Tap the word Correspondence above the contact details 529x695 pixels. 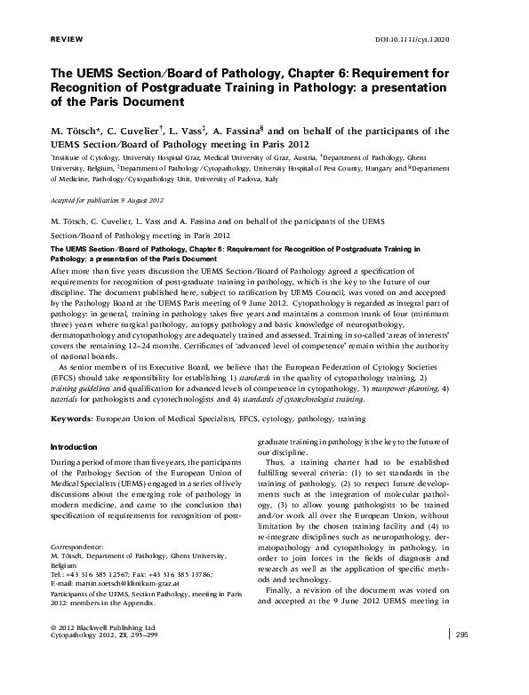pos(77,547)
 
